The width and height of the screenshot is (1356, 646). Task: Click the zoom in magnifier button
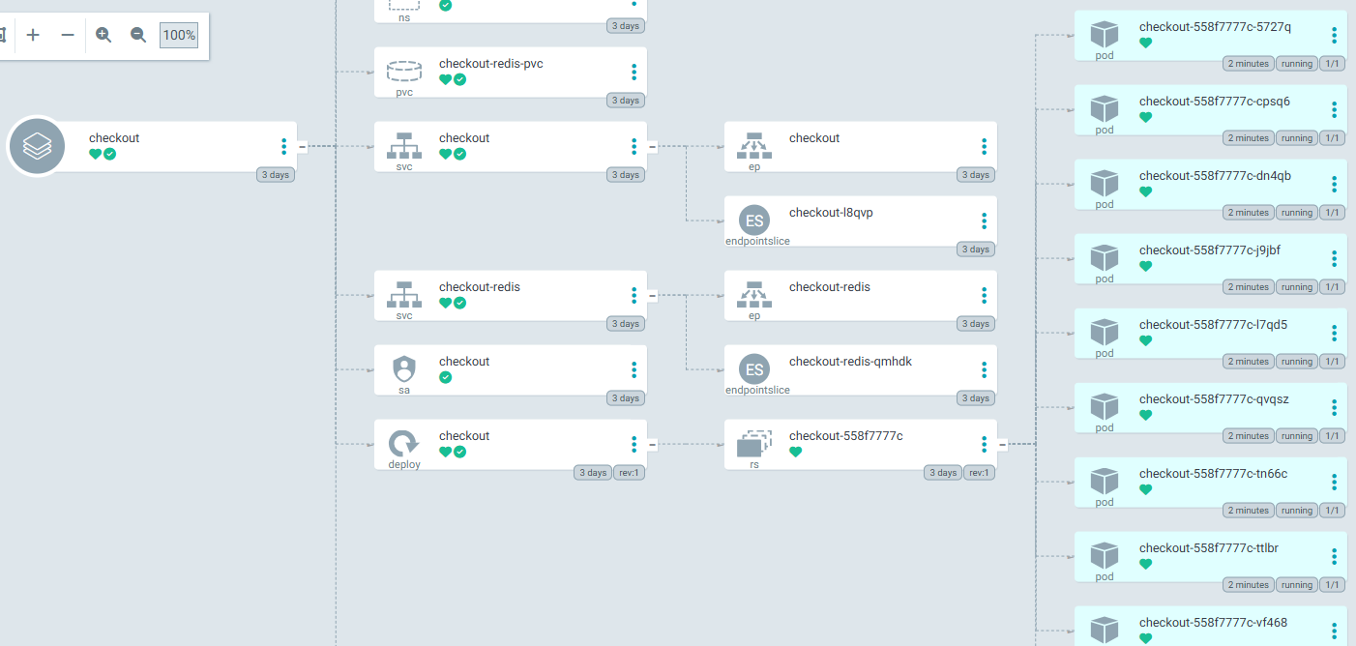pyautogui.click(x=103, y=35)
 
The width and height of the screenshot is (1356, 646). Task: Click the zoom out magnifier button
pyautogui.click(x=138, y=35)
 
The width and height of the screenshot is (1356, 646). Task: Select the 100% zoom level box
pyautogui.click(x=179, y=35)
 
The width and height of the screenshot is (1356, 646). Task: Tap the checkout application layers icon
pyautogui.click(x=37, y=147)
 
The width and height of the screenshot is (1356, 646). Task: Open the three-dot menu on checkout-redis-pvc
pyautogui.click(x=634, y=73)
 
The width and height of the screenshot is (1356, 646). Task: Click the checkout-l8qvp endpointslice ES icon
pyautogui.click(x=754, y=220)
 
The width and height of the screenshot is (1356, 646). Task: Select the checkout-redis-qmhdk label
pyautogui.click(x=850, y=362)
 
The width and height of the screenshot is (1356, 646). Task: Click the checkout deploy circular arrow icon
pyautogui.click(x=403, y=444)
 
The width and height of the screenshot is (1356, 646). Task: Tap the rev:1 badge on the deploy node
pyautogui.click(x=630, y=473)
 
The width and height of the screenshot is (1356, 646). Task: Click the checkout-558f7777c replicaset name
pyautogui.click(x=845, y=436)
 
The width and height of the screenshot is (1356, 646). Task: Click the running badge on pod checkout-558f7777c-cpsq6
pyautogui.click(x=1296, y=138)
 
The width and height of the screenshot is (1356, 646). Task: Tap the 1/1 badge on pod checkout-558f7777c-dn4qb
pyautogui.click(x=1332, y=213)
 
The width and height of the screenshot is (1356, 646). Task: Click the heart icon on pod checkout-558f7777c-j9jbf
pyautogui.click(x=1146, y=266)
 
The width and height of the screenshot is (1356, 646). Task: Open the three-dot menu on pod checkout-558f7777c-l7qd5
pyautogui.click(x=1334, y=334)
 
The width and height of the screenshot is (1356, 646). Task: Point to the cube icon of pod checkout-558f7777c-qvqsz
pyautogui.click(x=1105, y=406)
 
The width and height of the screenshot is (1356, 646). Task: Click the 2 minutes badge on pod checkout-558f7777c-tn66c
pyautogui.click(x=1248, y=511)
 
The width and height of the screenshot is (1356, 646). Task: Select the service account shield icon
pyautogui.click(x=403, y=368)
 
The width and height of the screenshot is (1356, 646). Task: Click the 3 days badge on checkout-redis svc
pyautogui.click(x=625, y=324)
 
